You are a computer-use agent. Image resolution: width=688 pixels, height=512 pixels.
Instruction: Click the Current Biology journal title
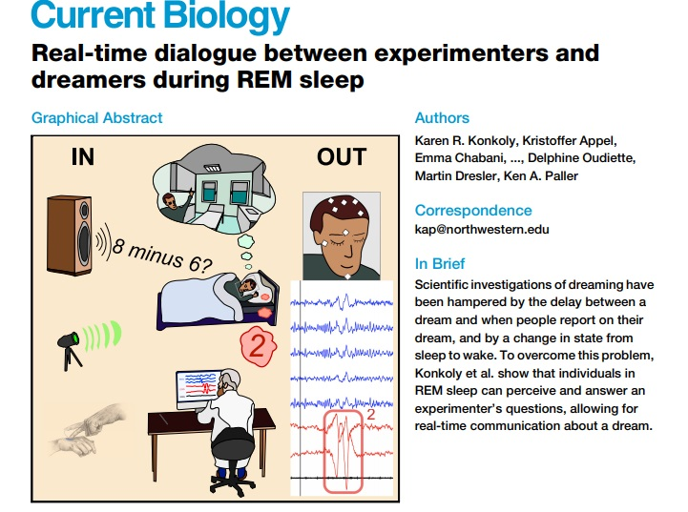click(160, 16)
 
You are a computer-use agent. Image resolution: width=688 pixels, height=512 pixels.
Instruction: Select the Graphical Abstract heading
click(97, 118)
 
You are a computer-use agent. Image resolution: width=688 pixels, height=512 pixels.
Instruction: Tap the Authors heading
click(442, 118)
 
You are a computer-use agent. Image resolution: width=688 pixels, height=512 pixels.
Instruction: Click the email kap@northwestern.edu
click(482, 229)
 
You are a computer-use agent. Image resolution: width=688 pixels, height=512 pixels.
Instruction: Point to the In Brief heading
click(440, 263)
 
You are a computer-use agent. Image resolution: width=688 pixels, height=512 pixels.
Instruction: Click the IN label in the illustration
click(83, 157)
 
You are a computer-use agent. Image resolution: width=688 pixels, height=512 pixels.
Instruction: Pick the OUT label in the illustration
click(342, 157)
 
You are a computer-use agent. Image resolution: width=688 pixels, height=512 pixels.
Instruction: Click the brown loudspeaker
click(70, 236)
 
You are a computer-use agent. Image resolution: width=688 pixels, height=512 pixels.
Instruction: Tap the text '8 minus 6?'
click(161, 256)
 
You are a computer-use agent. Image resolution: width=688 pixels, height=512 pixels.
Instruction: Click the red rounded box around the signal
click(344, 452)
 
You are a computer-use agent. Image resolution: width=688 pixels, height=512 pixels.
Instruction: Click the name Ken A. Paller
click(540, 175)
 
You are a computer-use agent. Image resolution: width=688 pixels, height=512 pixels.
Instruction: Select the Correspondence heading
click(473, 211)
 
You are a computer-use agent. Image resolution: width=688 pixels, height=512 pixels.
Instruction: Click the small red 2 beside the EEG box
click(371, 414)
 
